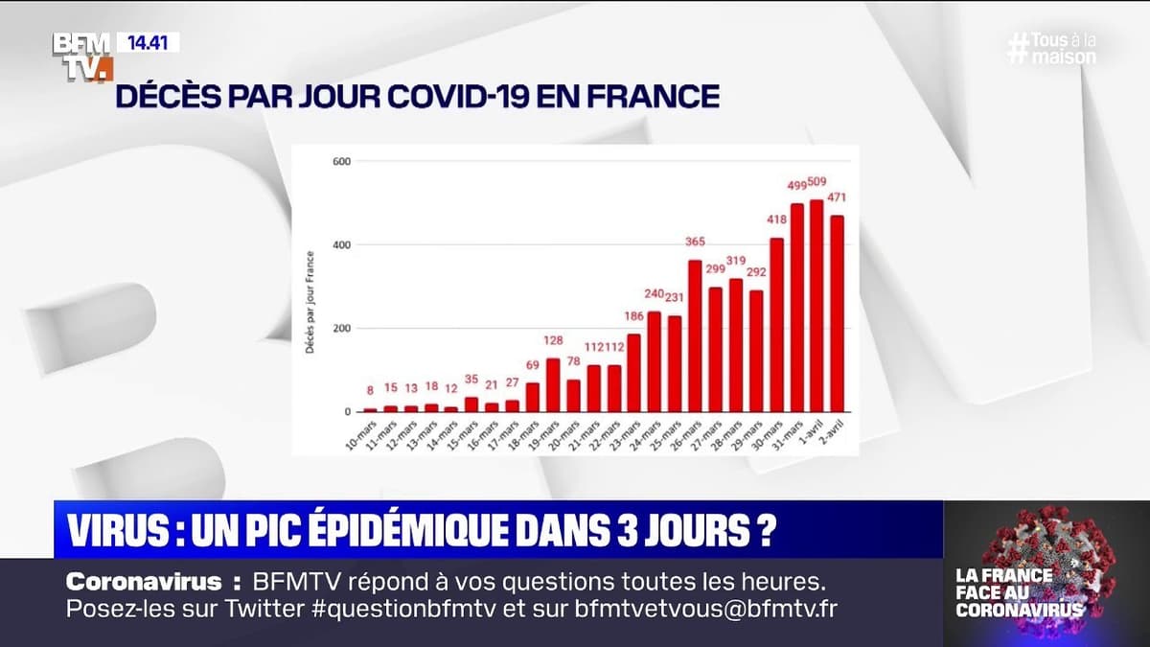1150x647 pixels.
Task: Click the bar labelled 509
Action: pyautogui.click(x=816, y=307)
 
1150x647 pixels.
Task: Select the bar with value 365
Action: pyautogui.click(x=695, y=335)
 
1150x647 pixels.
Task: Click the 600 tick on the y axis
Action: pyautogui.click(x=338, y=160)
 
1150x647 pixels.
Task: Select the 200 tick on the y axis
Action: pyautogui.click(x=338, y=328)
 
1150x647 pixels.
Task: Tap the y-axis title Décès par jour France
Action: pyautogui.click(x=311, y=302)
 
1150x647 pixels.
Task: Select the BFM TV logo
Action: pyautogui.click(x=82, y=55)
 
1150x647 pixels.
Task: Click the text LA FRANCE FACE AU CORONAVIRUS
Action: pyautogui.click(x=1019, y=592)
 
